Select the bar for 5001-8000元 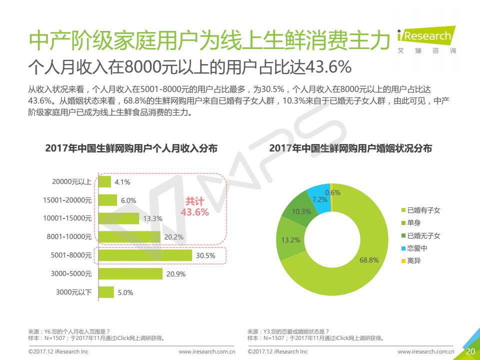[145, 255]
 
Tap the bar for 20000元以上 [105, 181]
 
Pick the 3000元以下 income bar [106, 292]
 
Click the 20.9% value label [176, 274]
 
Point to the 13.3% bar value [152, 218]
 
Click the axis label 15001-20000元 [67, 200]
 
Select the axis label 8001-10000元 [69, 236]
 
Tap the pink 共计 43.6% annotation [194, 207]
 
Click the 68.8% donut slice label [369, 260]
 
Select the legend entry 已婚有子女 [423, 210]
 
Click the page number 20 [470, 351]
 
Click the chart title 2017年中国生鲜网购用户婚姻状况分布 [350, 148]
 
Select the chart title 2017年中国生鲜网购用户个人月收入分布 [131, 148]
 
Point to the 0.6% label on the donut [332, 192]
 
